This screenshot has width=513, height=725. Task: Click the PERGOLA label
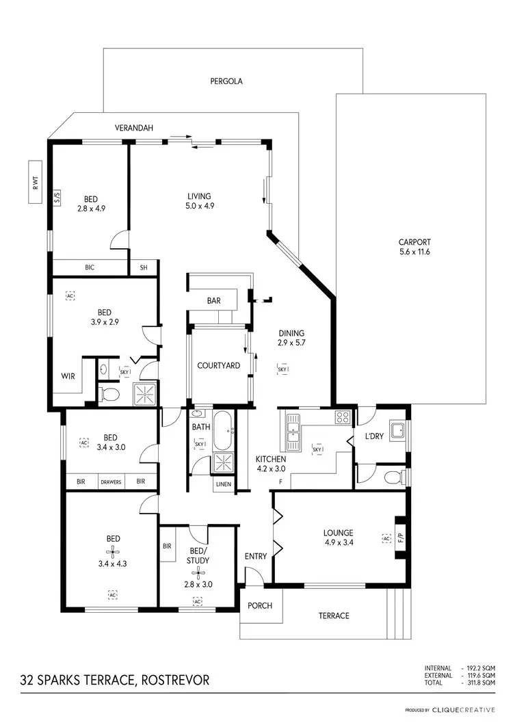click(226, 81)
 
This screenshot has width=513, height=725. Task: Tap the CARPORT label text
click(415, 241)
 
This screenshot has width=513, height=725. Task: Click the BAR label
click(213, 300)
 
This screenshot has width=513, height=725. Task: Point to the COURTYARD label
click(218, 366)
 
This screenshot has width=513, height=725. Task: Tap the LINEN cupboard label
click(223, 485)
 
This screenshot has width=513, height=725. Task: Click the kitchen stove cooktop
click(342, 417)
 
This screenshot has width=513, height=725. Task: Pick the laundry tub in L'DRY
click(396, 431)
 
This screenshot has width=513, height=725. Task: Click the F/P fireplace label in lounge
click(401, 538)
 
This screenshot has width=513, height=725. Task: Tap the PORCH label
click(260, 605)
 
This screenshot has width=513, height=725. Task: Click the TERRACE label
click(334, 616)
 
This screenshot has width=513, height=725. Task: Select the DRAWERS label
click(111, 482)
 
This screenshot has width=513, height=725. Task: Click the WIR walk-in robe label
click(68, 375)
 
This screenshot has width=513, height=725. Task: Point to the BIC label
click(89, 268)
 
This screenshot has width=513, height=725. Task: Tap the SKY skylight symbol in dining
click(282, 369)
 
